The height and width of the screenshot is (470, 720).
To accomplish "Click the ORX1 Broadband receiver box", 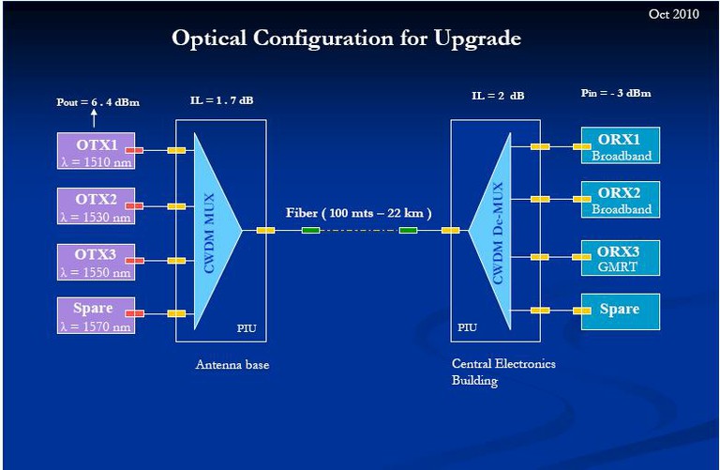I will pyautogui.click(x=621, y=145).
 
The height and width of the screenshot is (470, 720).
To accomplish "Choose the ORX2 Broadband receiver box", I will pyautogui.click(x=621, y=199).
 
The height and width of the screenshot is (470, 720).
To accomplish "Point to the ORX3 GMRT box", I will pyautogui.click(x=621, y=257).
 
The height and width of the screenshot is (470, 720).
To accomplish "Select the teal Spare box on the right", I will pyautogui.click(x=619, y=310).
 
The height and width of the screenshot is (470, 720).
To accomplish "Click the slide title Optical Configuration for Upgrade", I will pyautogui.click(x=346, y=38).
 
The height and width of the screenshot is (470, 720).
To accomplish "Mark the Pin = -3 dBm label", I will pyautogui.click(x=616, y=93).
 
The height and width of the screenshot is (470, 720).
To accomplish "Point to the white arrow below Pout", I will pyautogui.click(x=94, y=117).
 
